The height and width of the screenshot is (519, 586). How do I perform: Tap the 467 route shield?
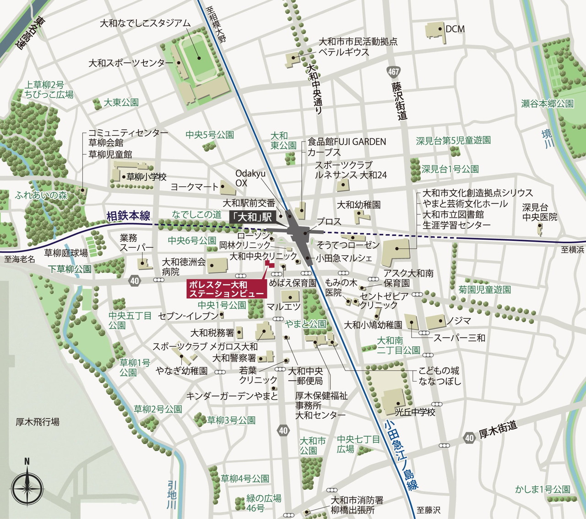(x=393, y=71)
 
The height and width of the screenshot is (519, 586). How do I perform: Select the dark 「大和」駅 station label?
(x=252, y=217)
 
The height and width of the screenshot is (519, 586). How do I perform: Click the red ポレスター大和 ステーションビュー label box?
(x=227, y=289)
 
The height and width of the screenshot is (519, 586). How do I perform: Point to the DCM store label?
(x=455, y=29)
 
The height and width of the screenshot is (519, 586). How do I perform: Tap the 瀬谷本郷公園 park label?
(x=547, y=104)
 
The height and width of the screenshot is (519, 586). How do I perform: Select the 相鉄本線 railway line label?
(x=128, y=216)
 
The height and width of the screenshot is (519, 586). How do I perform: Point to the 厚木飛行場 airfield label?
(x=38, y=421)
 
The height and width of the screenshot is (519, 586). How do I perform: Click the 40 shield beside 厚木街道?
(x=469, y=437)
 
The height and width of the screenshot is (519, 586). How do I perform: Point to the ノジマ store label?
(x=459, y=321)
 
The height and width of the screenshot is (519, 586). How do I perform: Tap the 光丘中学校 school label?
(x=415, y=412)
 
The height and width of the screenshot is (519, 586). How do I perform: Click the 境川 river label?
(x=548, y=139)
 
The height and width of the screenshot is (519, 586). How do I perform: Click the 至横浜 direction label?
(x=572, y=249)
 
